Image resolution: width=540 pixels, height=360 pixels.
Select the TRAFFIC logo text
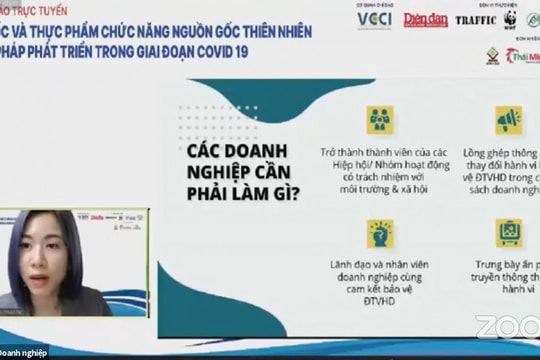476,20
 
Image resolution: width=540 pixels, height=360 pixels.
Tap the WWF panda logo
512,19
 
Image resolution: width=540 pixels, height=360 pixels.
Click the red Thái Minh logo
523,56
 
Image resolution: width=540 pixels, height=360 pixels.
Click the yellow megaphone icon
508,120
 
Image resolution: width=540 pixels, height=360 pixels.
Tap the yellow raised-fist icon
379,233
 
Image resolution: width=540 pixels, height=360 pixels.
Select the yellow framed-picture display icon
508,233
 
